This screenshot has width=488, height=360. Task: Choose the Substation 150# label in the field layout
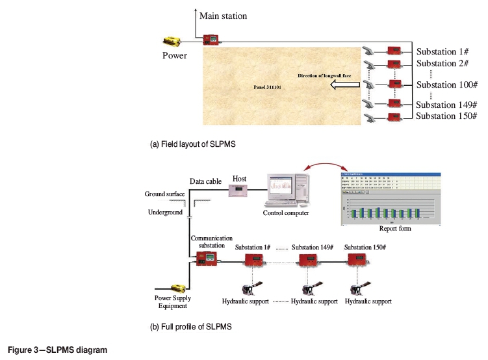pyautogui.click(x=446, y=116)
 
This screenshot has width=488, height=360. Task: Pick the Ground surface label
pyautogui.click(x=164, y=194)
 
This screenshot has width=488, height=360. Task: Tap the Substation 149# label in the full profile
pyautogui.click(x=313, y=248)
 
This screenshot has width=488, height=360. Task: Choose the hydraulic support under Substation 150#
pyautogui.click(x=358, y=289)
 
